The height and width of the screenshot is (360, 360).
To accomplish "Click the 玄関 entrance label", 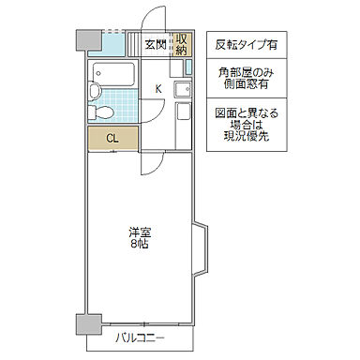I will (155, 44).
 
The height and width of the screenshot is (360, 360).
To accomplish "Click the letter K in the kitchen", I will (157, 89).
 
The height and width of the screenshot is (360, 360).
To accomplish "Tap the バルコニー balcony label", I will (140, 336).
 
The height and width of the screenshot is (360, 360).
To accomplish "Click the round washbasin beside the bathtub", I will (95, 91).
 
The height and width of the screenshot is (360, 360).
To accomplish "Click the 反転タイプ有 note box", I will (246, 44).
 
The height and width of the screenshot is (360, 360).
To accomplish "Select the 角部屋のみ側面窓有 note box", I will (246, 77).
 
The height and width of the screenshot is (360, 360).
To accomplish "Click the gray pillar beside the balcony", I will (87, 325).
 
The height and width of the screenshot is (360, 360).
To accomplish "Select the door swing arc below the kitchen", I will (151, 162).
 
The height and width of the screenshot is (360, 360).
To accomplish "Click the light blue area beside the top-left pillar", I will (112, 43).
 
